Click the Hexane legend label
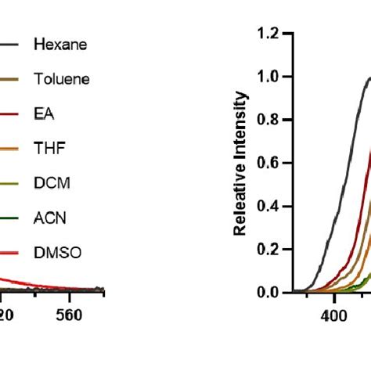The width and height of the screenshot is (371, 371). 59,45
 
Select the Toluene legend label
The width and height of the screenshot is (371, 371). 61,79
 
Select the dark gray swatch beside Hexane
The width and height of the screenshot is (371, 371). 9,45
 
